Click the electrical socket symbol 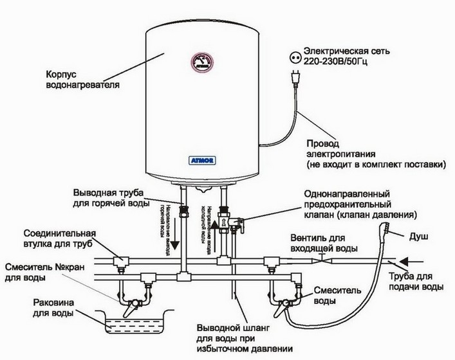coord(298,55)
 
